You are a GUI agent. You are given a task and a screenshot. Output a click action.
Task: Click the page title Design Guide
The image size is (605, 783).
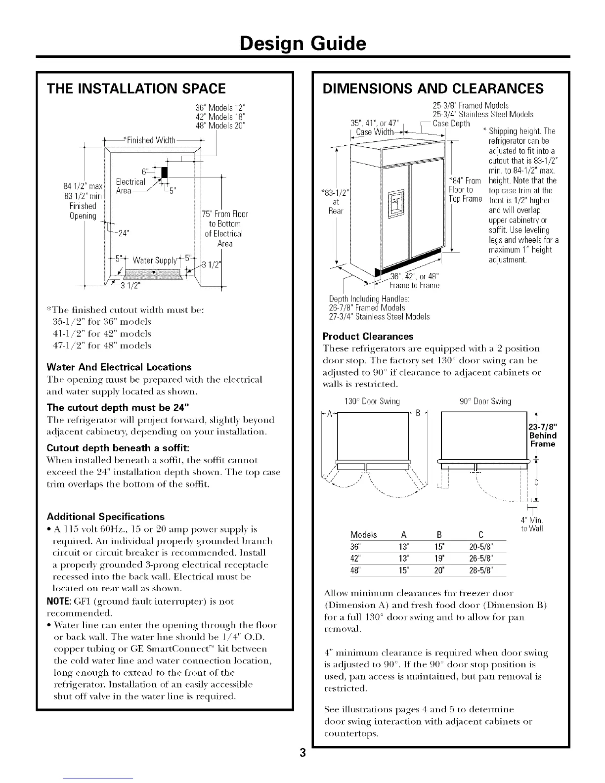[302, 44]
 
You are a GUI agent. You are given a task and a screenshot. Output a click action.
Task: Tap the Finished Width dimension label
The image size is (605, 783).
[148, 140]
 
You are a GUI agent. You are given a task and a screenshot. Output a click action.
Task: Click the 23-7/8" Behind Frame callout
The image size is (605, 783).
[542, 435]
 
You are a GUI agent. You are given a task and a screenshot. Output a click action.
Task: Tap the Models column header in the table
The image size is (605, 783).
[363, 534]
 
